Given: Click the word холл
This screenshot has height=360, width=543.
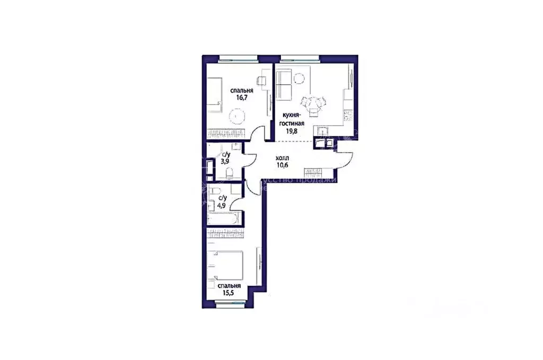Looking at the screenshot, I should click(x=283, y=157).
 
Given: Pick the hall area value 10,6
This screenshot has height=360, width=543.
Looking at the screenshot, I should click(x=282, y=165).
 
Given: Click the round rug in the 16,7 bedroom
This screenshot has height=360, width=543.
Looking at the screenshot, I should click(x=234, y=116).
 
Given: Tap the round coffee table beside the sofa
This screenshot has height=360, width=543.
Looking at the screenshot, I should click(x=300, y=78).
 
